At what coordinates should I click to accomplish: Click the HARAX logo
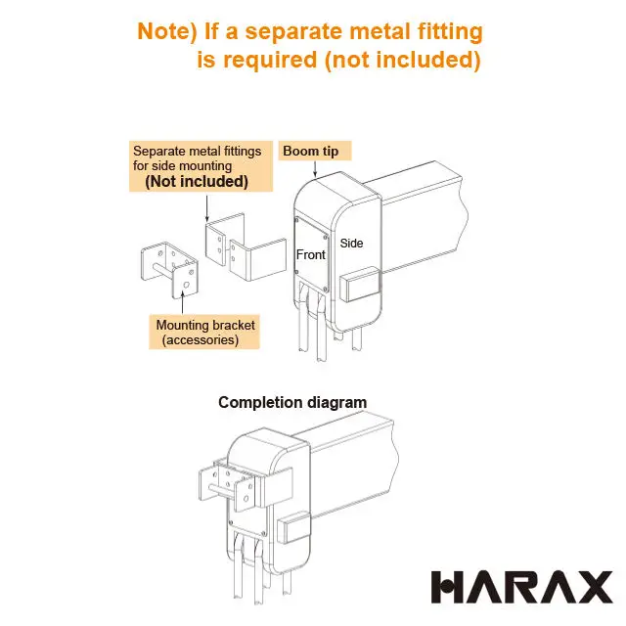tap(521, 587)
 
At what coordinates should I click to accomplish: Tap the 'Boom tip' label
tap(311, 151)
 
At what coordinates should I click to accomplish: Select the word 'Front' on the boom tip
tap(311, 254)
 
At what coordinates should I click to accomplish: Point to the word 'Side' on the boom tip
tap(351, 244)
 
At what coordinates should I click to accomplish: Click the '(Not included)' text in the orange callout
tap(197, 181)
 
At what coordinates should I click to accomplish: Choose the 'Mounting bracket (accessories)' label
tap(204, 333)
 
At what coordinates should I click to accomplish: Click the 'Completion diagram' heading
tap(292, 402)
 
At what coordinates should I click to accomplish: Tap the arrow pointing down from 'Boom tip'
tap(315, 169)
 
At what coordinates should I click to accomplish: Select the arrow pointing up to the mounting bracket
tap(183, 302)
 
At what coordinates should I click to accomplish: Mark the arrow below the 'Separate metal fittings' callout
tap(206, 208)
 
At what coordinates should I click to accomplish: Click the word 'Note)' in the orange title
tap(167, 31)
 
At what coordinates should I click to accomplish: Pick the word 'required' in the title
tap(270, 61)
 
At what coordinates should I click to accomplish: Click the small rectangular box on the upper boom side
tap(359, 284)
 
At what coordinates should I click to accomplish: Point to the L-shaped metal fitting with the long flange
tap(258, 259)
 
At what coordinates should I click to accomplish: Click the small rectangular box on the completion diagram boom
tap(293, 527)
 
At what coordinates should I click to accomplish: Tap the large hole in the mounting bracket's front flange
tap(186, 285)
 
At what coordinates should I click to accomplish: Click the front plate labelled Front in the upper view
tap(312, 254)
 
